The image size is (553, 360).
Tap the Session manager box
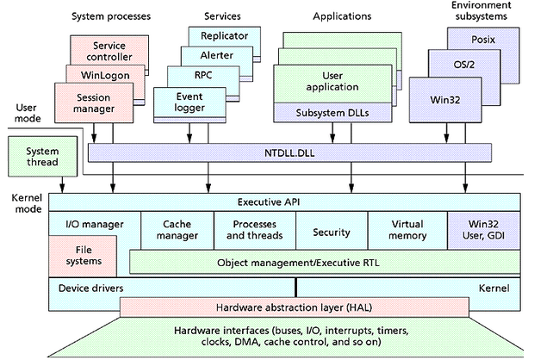[87, 102]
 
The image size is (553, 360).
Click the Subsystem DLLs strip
[326, 112]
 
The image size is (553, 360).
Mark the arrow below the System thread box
[62, 183]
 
